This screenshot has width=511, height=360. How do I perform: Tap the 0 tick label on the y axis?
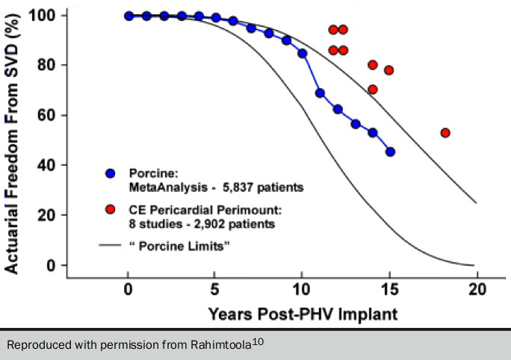51,265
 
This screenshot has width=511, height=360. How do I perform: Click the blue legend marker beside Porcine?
111,174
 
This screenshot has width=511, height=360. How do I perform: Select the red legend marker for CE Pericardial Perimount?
111,210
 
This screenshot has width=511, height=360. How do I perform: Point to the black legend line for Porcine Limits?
111,245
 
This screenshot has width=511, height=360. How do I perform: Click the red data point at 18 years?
445,133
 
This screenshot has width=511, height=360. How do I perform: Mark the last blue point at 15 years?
390,152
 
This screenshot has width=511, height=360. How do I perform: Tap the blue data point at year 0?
128,16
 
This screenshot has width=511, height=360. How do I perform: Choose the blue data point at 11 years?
320,93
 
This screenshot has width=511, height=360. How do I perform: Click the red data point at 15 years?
388,70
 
